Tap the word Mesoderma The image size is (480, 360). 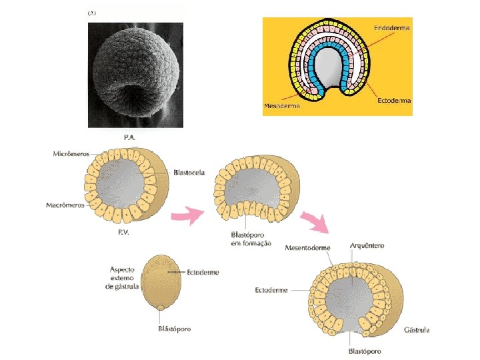[281, 105]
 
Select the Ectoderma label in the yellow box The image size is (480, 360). [394, 101]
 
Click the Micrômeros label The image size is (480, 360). [71, 154]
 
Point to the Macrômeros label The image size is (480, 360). [66, 205]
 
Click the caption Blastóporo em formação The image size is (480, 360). [251, 239]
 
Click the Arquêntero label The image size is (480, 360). [367, 246]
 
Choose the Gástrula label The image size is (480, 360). [416, 330]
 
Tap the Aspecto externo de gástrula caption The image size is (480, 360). [126, 278]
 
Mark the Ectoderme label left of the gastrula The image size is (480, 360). [271, 290]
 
